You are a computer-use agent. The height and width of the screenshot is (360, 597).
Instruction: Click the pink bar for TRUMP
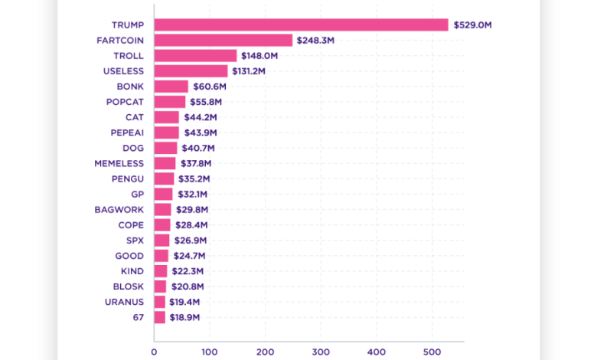coord(301,25)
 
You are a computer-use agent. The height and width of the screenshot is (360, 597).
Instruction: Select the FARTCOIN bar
coord(223,41)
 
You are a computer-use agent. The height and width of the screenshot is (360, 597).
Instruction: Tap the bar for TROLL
coord(195,56)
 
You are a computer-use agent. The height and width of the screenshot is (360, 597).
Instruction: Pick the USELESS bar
coord(191,71)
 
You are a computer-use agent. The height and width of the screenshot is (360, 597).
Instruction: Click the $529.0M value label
coord(472,25)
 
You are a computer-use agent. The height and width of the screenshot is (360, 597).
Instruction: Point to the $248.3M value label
coord(315,41)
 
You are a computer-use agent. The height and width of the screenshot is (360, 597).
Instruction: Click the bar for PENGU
coord(164,178)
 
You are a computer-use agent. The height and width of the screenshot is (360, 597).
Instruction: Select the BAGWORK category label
coord(119,209)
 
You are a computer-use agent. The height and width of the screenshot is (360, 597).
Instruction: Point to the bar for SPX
coord(161,240)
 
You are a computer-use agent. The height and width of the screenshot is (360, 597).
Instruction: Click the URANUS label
coord(124,302)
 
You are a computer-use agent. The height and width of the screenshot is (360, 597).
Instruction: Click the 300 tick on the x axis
coord(321,351)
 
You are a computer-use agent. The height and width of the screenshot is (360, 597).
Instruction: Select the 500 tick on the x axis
coord(431,351)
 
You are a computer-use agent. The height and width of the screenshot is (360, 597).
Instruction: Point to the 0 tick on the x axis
coord(155,351)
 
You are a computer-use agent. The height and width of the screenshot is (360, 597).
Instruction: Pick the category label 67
coord(139,317)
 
